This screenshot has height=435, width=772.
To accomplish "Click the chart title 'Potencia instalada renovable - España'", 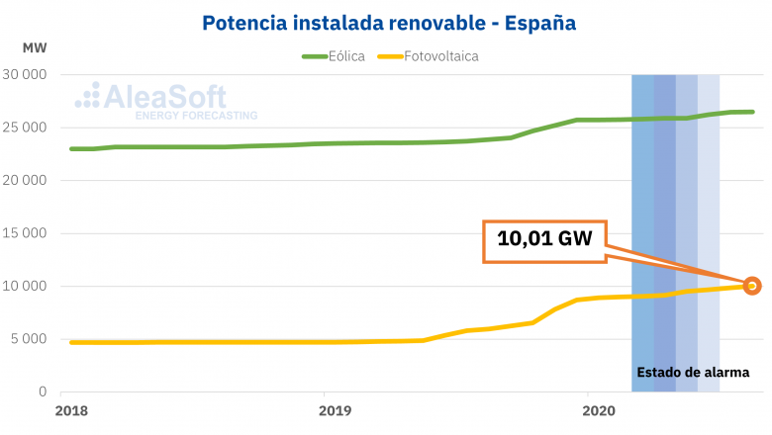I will click(x=389, y=21).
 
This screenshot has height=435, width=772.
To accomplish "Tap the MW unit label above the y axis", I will click(x=34, y=47).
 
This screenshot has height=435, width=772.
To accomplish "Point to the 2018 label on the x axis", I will click(x=70, y=410).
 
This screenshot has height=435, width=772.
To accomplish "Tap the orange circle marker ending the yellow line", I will click(x=751, y=286).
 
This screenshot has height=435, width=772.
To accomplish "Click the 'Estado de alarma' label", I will click(x=693, y=373).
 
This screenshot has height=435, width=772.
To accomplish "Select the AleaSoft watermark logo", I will click(x=153, y=96).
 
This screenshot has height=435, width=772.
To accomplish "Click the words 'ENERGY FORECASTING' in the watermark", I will click(x=196, y=116).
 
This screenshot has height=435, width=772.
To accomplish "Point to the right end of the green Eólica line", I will click(x=752, y=112).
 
